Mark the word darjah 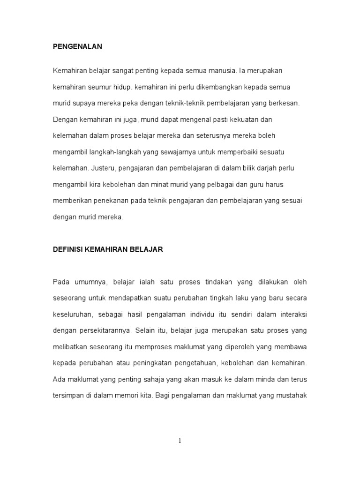tap(262, 168)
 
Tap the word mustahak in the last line tap(290, 395)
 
